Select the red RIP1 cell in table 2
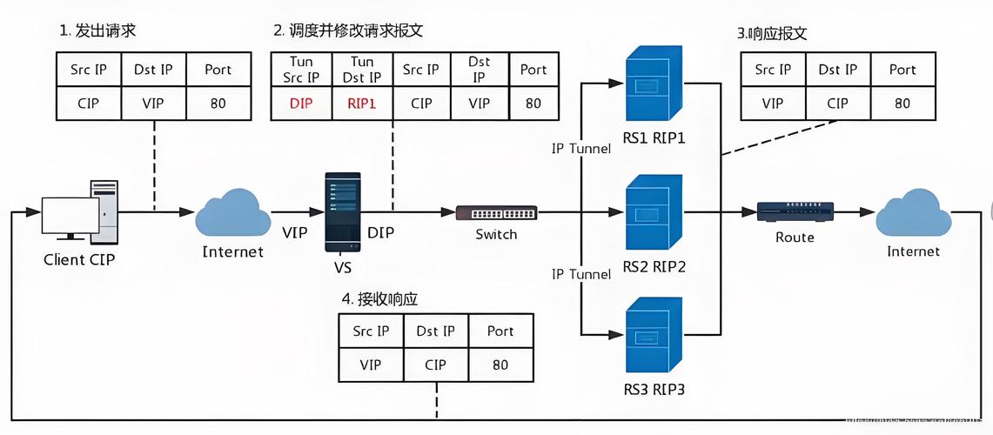[x=361, y=103]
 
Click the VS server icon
[x=342, y=211]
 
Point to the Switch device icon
[x=496, y=212]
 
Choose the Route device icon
[x=795, y=211]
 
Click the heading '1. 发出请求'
[x=97, y=31]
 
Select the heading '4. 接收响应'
[x=379, y=298]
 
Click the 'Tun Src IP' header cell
[x=300, y=70]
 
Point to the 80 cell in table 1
[x=218, y=103]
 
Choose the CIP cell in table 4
[x=435, y=365]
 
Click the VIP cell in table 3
[x=772, y=103]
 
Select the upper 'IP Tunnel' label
[x=580, y=148]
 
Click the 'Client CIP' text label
[x=79, y=259]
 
